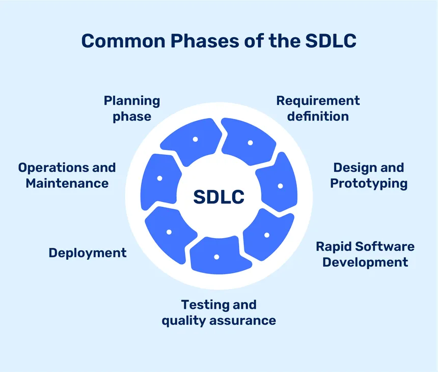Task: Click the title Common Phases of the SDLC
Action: pos(218,41)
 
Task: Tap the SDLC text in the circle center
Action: pos(218,196)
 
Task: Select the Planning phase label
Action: pos(132,108)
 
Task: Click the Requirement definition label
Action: pos(318,108)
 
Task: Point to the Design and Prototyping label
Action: pos(368,175)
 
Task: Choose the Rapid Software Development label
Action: pos(365,254)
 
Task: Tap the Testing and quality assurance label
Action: pos(218,312)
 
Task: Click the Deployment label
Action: pos(88,252)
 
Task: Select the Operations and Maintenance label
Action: pos(67,175)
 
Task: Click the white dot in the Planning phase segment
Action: pos(195,139)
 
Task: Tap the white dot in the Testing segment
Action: pos(216,257)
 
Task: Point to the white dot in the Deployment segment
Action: pos(169,232)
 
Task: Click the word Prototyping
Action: pos(369,183)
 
